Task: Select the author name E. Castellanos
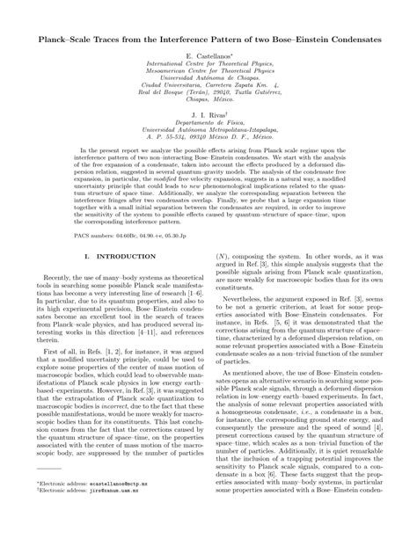208,55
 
